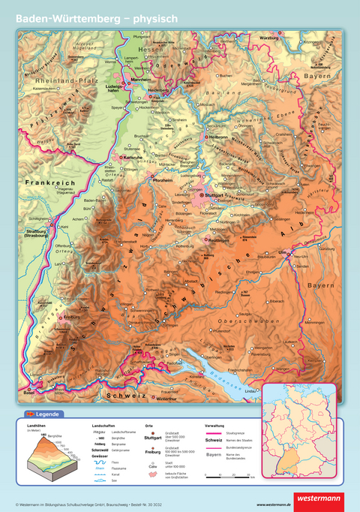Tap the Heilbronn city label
(x=218, y=137)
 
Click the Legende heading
(x=47, y=414)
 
